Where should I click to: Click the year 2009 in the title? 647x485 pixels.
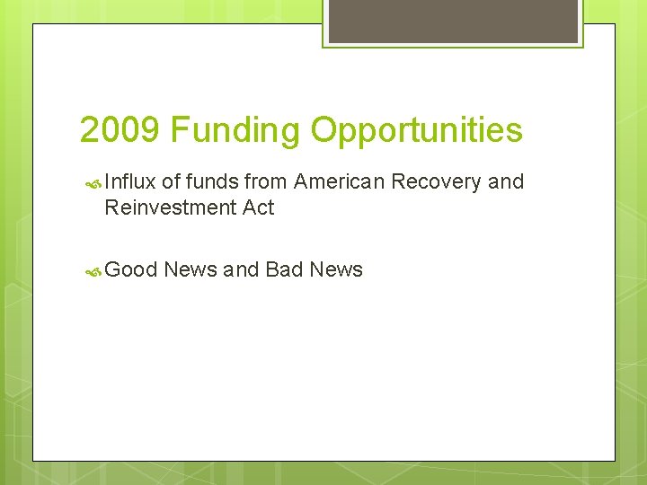pos(120,130)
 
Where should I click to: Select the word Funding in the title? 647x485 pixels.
pos(235,130)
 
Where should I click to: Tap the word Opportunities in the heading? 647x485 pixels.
pos(416,130)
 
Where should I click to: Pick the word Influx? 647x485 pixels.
pos(130,181)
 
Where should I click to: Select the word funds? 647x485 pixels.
pos(212,181)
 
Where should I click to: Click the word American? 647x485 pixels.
pos(340,181)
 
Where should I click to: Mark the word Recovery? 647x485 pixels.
pos(436,181)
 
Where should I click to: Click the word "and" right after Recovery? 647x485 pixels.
pos(505,181)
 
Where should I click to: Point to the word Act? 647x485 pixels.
pos(257,208)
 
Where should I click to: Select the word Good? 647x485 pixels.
pos(131,269)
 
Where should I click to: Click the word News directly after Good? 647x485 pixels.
pos(191,269)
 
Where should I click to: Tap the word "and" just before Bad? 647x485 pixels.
pos(241,269)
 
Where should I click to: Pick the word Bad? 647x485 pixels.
pos(284,269)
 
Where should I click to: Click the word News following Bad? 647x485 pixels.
pos(336,269)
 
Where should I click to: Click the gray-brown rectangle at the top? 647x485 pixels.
pos(452,21)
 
